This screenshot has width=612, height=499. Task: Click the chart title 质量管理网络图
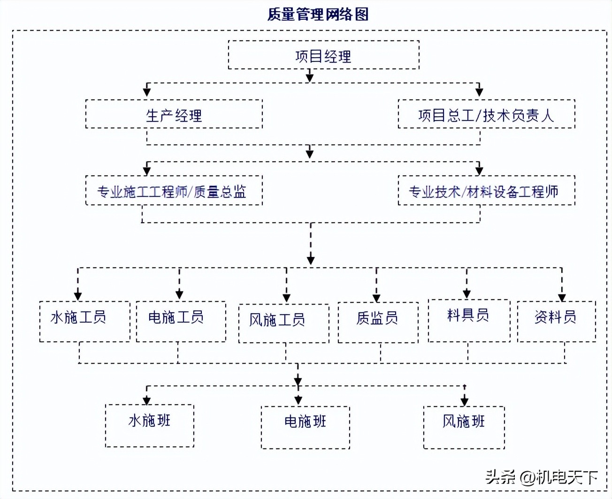[318, 14]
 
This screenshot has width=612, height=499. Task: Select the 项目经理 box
[323, 55]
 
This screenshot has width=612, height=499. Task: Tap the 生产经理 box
[174, 114]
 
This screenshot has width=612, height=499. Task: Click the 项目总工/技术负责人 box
[486, 114]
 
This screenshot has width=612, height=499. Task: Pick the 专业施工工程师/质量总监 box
[174, 191]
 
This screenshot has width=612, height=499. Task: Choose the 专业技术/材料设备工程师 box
[486, 191]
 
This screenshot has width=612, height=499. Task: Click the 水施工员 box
[84, 321]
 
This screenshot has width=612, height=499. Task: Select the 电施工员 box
[181, 321]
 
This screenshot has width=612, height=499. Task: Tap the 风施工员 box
[283, 324]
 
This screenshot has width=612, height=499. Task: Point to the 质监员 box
[378, 322]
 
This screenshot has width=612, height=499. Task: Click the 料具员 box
[469, 320]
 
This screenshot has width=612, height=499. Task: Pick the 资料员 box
[556, 321]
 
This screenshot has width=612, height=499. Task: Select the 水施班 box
[149, 425]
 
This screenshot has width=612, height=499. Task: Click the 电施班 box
[305, 427]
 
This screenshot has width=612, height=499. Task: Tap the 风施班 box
[464, 427]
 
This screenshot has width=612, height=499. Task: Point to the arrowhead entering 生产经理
[147, 92]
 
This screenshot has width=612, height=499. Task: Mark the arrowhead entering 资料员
[562, 297]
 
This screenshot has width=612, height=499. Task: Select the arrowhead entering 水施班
[147, 400]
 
